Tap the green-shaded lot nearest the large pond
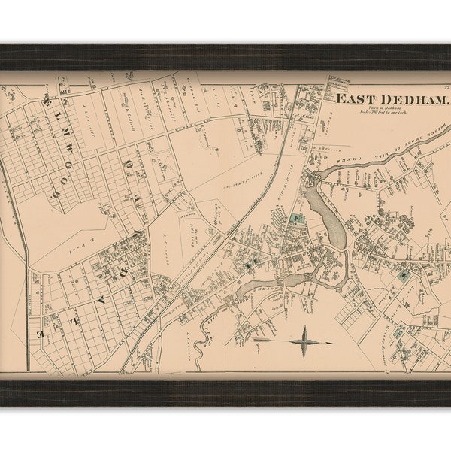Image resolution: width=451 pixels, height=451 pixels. point(295,219)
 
